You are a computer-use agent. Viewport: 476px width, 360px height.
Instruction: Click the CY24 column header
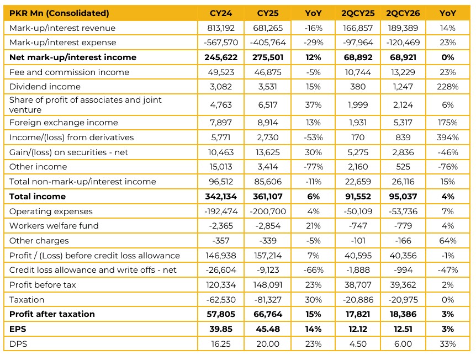(221, 13)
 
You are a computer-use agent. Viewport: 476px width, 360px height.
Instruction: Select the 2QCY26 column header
(403, 13)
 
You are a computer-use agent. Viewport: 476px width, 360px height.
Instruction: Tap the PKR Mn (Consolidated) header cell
(59, 13)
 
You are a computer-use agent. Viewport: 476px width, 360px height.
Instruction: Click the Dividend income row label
(45, 87)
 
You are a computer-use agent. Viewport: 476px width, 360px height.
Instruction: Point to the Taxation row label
(27, 300)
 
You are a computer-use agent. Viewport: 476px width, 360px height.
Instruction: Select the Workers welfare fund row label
(54, 226)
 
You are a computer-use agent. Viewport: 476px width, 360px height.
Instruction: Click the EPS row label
(18, 329)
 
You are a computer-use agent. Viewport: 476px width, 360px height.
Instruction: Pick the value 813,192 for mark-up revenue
(221, 28)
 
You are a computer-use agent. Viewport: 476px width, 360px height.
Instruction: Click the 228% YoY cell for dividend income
(447, 87)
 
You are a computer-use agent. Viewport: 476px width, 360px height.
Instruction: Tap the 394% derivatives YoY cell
(447, 137)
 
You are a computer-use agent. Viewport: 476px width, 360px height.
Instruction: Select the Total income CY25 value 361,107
(267, 197)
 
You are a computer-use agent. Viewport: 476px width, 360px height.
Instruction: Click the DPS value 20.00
(267, 344)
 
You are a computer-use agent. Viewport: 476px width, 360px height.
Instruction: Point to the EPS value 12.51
(403, 329)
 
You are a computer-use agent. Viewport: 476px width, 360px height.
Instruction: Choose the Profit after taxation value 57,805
(221, 314)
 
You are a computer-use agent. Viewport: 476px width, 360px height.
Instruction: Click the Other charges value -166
(403, 241)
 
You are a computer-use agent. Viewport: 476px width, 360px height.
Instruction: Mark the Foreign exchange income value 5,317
(403, 123)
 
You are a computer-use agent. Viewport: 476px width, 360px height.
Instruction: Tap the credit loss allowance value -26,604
(221, 270)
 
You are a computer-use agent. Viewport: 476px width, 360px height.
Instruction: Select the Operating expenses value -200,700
(267, 211)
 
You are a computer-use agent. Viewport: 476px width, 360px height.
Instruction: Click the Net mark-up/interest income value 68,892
(358, 57)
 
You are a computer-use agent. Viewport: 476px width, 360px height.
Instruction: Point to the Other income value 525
(403, 167)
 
